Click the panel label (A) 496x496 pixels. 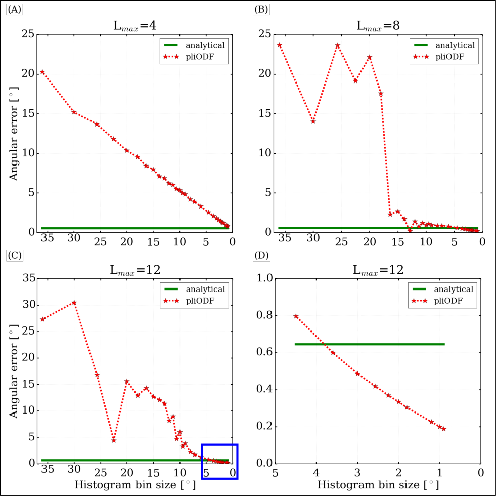pyautogui.click(x=14, y=10)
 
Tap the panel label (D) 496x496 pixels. pyautogui.click(x=261, y=255)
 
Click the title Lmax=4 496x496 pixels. pyautogui.click(x=135, y=26)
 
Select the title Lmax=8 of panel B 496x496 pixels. pyautogui.click(x=378, y=26)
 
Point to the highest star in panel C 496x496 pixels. pyautogui.click(x=74, y=303)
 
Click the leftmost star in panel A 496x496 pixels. pyautogui.click(x=42, y=72)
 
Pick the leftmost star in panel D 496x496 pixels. pyautogui.click(x=296, y=316)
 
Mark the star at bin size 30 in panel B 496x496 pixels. pyautogui.click(x=313, y=121)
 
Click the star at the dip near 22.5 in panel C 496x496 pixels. pyautogui.click(x=114, y=440)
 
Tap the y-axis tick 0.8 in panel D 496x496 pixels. pyautogui.click(x=264, y=315)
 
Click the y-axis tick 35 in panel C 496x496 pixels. pyautogui.click(x=29, y=278)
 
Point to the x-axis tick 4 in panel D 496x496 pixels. pyautogui.click(x=317, y=473)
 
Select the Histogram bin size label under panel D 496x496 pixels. pyautogui.click(x=378, y=484)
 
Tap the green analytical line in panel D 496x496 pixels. pyautogui.click(x=370, y=344)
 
